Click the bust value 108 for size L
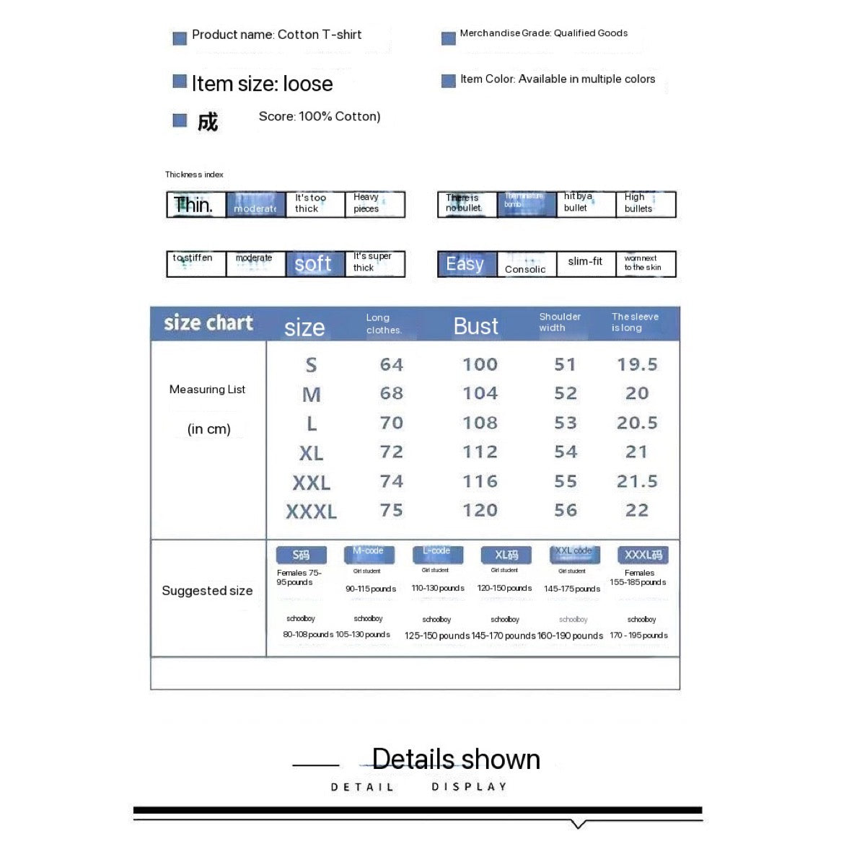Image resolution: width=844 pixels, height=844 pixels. tap(480, 423)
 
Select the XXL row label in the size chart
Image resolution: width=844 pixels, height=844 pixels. tap(311, 483)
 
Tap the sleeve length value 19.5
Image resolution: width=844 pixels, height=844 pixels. tap(637, 365)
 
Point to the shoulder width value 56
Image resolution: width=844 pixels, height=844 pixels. tap(566, 510)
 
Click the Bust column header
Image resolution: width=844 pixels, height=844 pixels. tap(475, 327)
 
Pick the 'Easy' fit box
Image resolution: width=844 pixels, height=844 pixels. tap(467, 264)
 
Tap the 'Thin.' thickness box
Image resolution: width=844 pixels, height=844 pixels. tap(195, 205)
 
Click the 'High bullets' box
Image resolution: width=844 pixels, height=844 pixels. tap(646, 204)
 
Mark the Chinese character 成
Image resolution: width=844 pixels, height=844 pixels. tap(207, 122)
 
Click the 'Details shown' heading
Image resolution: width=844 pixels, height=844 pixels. tap(456, 759)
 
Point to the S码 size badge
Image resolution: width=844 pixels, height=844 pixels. tap(302, 555)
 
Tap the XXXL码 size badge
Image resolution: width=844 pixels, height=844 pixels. tap(643, 555)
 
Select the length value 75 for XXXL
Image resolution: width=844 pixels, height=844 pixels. tap(391, 510)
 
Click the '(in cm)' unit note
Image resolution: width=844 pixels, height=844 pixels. tap(208, 429)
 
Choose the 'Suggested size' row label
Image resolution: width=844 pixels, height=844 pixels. tap(207, 591)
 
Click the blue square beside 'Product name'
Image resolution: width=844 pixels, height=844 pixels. tap(180, 38)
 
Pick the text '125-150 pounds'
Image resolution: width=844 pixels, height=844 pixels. tap(436, 636)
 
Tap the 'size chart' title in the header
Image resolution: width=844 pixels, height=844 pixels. tap(208, 323)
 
